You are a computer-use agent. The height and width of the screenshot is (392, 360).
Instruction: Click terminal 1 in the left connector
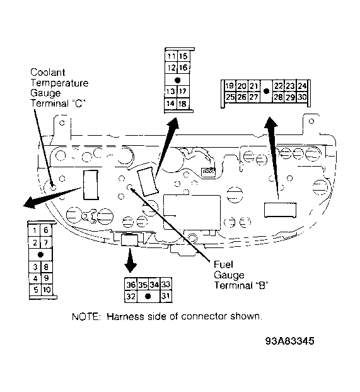(35, 230)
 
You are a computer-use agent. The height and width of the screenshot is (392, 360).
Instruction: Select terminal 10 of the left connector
(47, 290)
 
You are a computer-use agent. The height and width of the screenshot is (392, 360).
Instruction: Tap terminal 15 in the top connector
(183, 56)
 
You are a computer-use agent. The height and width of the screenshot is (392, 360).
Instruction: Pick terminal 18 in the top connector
(183, 104)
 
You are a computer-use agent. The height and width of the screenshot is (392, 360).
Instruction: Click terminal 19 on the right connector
(229, 86)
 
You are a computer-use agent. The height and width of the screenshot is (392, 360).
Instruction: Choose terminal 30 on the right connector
(303, 97)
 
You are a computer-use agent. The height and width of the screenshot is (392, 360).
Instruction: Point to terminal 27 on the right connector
(253, 97)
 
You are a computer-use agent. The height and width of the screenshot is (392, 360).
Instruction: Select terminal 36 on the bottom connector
(131, 285)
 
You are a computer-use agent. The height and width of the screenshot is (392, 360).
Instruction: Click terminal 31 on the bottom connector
(166, 296)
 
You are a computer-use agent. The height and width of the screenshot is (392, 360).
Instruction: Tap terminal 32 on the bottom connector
(131, 296)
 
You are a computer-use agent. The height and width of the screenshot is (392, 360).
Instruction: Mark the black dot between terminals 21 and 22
(267, 92)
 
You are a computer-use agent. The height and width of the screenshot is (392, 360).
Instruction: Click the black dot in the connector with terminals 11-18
(178, 80)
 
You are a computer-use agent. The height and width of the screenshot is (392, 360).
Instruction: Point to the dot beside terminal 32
(148, 296)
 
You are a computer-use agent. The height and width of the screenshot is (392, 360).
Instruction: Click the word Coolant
(48, 72)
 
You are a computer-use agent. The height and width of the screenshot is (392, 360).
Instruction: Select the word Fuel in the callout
(223, 264)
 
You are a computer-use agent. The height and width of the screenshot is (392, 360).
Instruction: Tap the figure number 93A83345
(289, 341)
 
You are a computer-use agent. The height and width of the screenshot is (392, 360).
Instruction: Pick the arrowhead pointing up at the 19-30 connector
(270, 123)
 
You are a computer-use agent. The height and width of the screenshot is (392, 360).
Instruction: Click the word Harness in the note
(125, 317)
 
